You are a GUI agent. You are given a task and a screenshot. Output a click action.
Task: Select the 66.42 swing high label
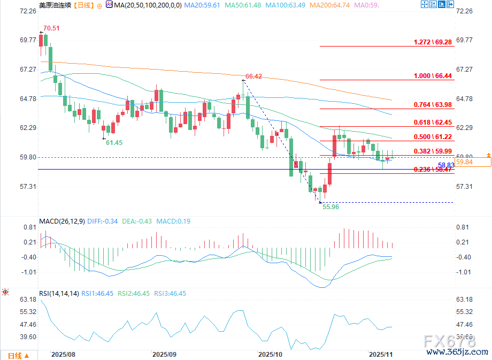254,76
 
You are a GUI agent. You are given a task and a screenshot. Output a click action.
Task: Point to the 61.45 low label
114,142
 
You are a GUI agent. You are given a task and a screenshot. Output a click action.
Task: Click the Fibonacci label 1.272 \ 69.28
433,42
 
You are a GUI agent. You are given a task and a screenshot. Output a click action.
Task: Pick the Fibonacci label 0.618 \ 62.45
433,122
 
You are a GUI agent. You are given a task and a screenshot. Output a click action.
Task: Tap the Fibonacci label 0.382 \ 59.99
433,151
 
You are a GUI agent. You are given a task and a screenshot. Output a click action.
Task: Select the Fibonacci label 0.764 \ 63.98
433,104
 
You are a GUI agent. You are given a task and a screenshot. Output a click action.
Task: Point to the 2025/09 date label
164,355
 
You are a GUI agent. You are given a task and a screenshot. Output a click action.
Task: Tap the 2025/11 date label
381,355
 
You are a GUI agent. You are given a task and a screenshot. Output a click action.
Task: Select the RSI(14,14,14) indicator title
59,293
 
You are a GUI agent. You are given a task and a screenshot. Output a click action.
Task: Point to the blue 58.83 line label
446,165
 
